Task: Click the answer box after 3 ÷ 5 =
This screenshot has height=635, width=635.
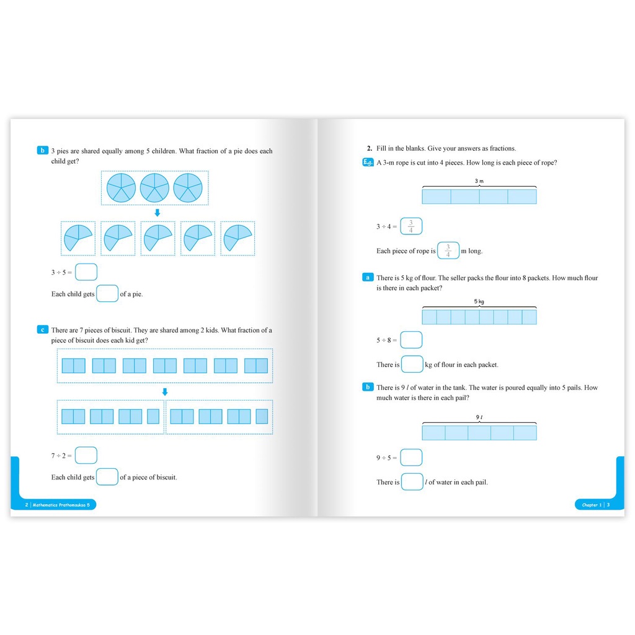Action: tap(87, 272)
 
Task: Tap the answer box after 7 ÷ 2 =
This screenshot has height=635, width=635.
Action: tap(86, 456)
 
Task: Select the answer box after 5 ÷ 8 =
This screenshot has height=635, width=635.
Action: tap(411, 340)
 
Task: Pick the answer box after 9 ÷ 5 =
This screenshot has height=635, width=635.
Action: tap(411, 458)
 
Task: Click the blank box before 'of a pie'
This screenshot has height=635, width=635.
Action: tap(107, 293)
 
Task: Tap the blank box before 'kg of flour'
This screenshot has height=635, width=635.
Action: tap(412, 364)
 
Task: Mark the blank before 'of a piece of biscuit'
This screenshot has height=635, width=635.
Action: tap(107, 477)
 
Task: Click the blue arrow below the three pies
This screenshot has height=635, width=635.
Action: tap(158, 213)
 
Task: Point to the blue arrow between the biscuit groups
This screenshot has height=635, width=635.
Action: tap(165, 392)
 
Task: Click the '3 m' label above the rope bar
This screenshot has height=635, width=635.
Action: tap(479, 181)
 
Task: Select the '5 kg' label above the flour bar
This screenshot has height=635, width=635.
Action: tap(479, 301)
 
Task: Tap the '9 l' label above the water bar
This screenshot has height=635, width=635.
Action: tap(479, 418)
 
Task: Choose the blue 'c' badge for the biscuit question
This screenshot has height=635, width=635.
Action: tap(42, 330)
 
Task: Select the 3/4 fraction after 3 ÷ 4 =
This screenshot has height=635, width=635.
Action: tap(411, 226)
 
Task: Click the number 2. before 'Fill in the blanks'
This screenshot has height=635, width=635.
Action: tap(369, 148)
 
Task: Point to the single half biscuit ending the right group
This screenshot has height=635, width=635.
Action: tap(262, 416)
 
